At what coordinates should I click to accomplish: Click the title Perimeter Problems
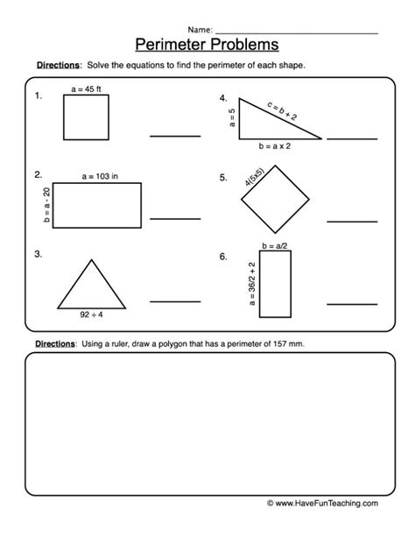coord(207,43)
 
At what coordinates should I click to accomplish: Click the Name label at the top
coord(199,28)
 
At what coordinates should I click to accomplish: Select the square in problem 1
coord(86,117)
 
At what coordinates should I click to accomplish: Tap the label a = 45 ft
coord(86,88)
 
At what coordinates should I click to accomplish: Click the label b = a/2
coord(275,248)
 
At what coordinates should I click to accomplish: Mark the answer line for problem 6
coord(353,303)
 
